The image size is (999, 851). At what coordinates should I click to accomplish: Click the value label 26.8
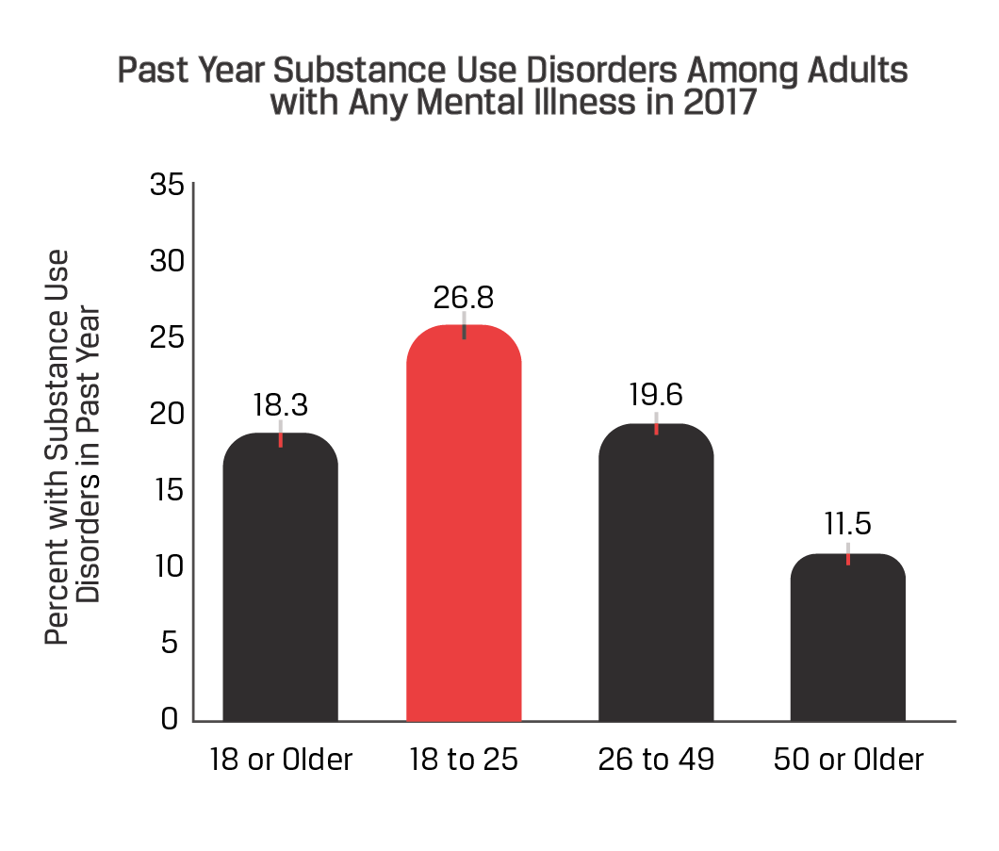point(464,297)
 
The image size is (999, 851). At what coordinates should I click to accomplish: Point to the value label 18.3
point(281,404)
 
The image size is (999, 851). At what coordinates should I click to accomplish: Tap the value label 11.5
point(848,524)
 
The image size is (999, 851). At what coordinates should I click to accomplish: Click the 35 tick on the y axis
point(167,185)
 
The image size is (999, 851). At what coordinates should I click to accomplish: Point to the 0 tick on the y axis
point(170,720)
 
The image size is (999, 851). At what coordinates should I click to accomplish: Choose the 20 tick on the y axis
point(167,414)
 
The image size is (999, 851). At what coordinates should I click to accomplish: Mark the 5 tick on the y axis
point(170,644)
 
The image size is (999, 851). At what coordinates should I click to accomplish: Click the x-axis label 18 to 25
point(464,761)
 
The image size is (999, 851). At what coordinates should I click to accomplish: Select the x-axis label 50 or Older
point(848,761)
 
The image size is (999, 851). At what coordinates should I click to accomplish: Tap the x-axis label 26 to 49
point(656,761)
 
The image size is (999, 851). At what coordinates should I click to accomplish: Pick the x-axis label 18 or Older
point(281,761)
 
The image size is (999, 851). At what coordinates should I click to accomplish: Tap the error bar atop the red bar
point(464,324)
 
